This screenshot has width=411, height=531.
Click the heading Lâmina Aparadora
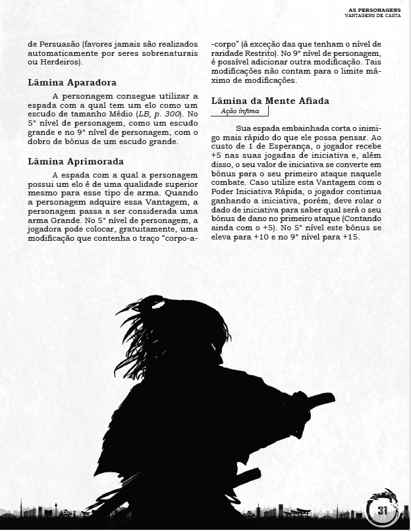[x=72, y=83]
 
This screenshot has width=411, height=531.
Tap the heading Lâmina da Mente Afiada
[x=270, y=101]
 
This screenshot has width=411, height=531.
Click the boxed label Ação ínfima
[x=236, y=112]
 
